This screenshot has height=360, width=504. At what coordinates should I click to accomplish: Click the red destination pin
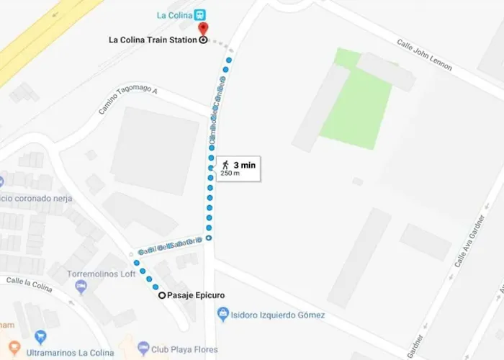202,28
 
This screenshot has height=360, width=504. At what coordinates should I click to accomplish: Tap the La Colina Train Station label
152,40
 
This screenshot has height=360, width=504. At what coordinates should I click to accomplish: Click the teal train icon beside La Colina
200,14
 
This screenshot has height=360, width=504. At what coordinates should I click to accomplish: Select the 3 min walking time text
244,165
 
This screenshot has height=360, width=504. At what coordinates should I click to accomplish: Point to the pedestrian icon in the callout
225,165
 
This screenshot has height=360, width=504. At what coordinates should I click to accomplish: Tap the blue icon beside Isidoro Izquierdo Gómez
223,314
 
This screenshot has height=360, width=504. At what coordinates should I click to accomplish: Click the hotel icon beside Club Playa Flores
143,349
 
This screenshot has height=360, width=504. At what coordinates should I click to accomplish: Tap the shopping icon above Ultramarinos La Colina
40,336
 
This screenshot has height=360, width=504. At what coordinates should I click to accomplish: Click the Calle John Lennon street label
425,54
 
